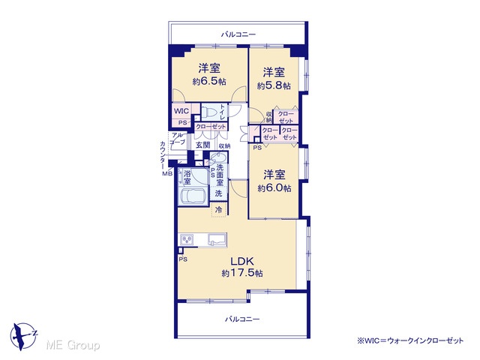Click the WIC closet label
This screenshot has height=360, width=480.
[x=181, y=110]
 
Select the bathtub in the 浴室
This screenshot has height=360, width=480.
[x=193, y=196]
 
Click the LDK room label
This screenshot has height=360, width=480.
[x=241, y=262]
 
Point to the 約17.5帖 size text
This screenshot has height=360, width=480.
[x=242, y=273]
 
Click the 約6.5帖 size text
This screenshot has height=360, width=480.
[x=209, y=82]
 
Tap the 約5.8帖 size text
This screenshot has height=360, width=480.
[x=274, y=85]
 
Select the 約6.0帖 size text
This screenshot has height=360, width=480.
[x=274, y=188]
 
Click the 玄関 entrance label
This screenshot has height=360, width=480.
[x=203, y=145]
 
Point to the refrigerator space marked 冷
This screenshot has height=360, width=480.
[x=219, y=210]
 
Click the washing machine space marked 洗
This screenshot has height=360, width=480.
[x=218, y=193]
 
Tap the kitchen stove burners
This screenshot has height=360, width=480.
[x=187, y=239]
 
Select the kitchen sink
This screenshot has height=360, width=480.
[x=217, y=239]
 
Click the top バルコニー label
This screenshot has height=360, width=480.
[x=238, y=34]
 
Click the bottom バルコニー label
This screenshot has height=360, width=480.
[x=242, y=319]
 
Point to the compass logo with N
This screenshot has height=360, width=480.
[x=23, y=336]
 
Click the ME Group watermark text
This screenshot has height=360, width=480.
[x=73, y=345]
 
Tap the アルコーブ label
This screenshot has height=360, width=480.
[x=178, y=138]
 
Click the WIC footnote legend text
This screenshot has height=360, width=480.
[x=410, y=340]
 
